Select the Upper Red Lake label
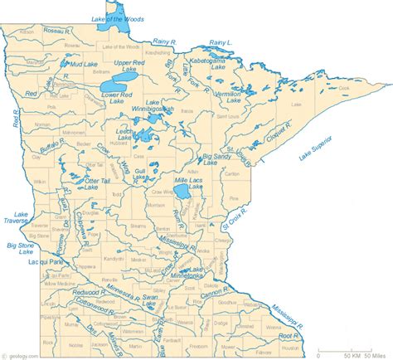coord(133,67)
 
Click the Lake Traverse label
coord(16,218)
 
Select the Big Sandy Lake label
coord(221,159)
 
